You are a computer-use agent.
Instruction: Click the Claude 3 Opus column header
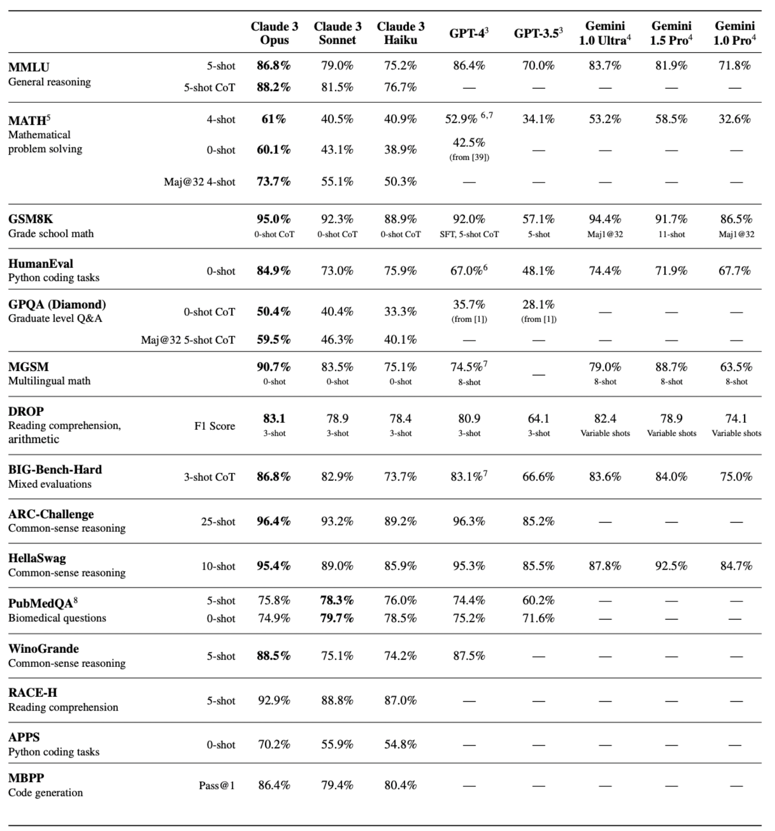pos(274,33)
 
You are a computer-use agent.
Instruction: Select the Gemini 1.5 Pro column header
pos(671,33)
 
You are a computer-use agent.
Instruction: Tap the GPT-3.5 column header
pos(538,33)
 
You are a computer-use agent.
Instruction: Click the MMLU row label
pos(29,67)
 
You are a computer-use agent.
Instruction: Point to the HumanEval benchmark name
pos(41,264)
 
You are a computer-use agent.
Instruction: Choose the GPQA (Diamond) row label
pos(57,304)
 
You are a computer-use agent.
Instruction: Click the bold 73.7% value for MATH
pos(274,182)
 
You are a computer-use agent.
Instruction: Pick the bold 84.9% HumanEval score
pos(274,271)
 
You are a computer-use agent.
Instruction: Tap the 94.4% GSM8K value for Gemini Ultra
pos(605,219)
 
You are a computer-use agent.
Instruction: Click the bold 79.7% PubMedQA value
pos(337,618)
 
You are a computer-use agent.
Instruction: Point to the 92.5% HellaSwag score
pos(671,566)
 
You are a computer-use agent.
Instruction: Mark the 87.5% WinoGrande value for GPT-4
pos(469,656)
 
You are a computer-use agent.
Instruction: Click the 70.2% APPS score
pos(274,744)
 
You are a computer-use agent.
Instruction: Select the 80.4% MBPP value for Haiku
pos(400,785)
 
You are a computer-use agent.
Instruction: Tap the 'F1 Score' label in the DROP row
pos(214,426)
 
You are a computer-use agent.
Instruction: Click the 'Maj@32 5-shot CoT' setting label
pos(188,340)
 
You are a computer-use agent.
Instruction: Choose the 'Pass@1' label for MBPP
pos(217,785)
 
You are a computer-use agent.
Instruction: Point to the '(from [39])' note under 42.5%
pos(469,157)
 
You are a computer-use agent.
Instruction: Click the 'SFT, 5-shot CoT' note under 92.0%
pos(469,234)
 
